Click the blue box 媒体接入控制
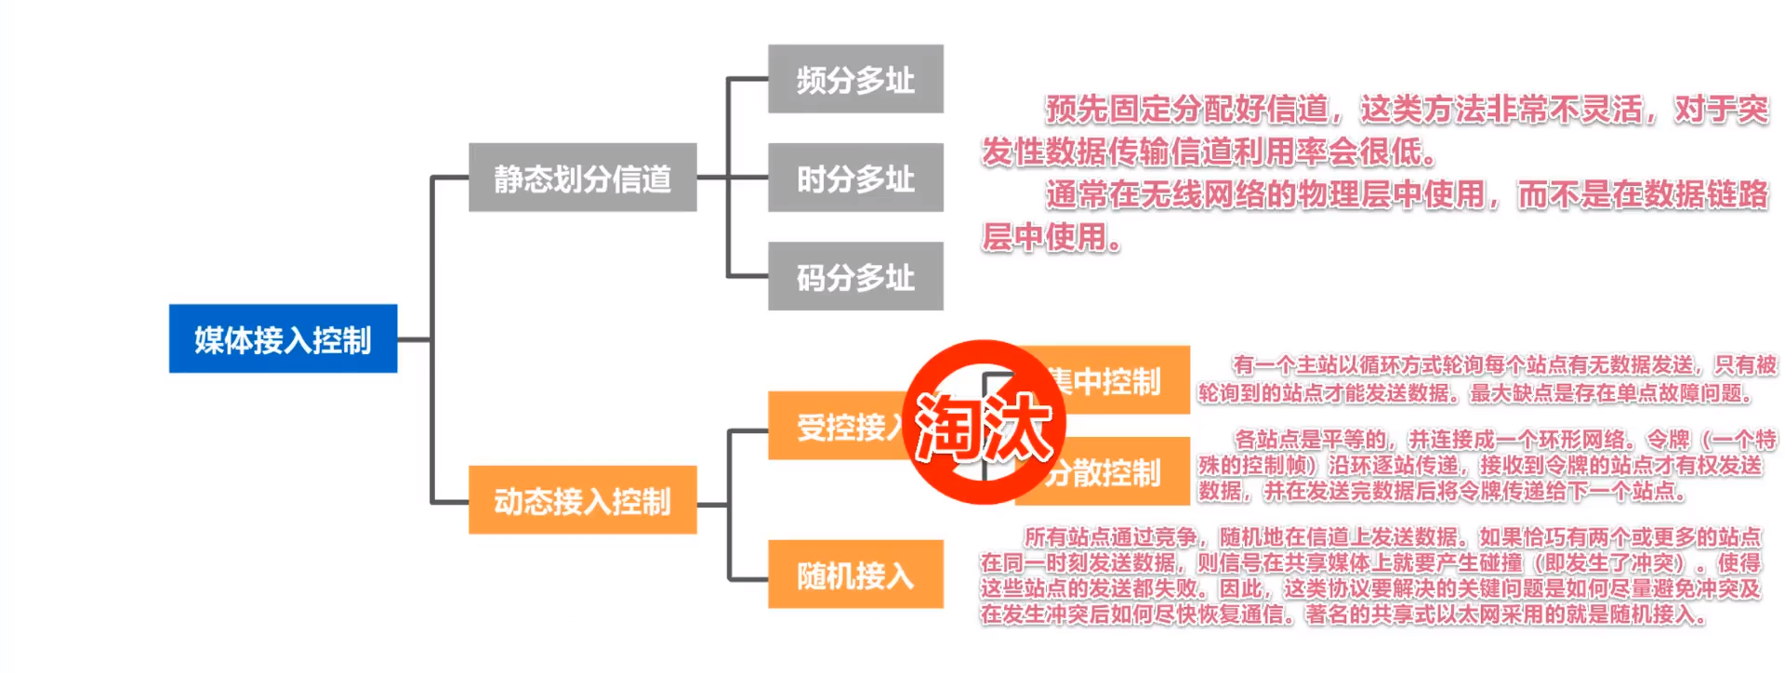click(x=283, y=338)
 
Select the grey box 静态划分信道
click(x=582, y=178)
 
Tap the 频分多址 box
click(x=855, y=80)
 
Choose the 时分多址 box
click(x=855, y=178)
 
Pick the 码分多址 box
click(x=855, y=276)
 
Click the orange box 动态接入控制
click(x=582, y=500)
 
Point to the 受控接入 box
click(x=837, y=427)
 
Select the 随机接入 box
click(x=855, y=575)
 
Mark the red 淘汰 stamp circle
click(x=984, y=423)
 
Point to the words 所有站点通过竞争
click(x=1110, y=536)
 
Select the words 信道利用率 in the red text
click(x=1249, y=151)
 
